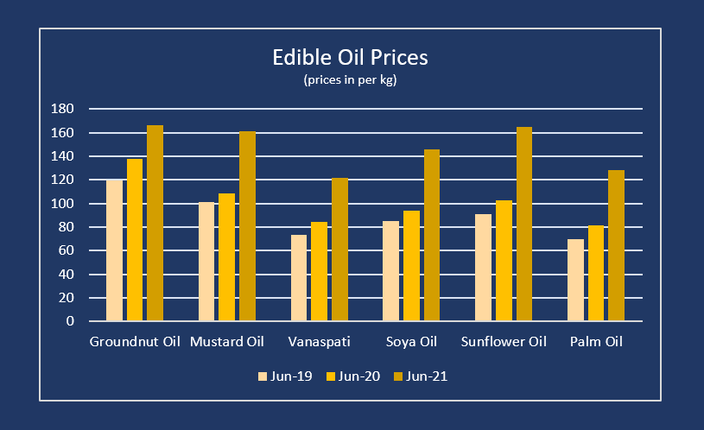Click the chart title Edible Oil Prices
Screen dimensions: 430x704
click(x=351, y=58)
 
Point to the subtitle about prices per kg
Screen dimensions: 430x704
click(x=351, y=80)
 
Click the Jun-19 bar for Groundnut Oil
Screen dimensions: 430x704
click(x=114, y=250)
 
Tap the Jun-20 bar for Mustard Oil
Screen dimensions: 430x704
click(x=226, y=257)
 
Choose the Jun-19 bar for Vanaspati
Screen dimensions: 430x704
click(x=299, y=278)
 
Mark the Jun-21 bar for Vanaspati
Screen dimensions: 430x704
click(x=339, y=250)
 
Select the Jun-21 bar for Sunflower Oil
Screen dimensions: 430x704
click(x=524, y=224)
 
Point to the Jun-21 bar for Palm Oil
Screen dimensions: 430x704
click(x=616, y=245)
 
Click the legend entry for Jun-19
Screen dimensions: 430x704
click(x=283, y=376)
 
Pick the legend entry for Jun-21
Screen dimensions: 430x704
click(x=420, y=376)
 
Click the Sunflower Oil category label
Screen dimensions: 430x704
click(x=504, y=342)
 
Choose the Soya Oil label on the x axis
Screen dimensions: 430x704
click(x=411, y=342)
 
